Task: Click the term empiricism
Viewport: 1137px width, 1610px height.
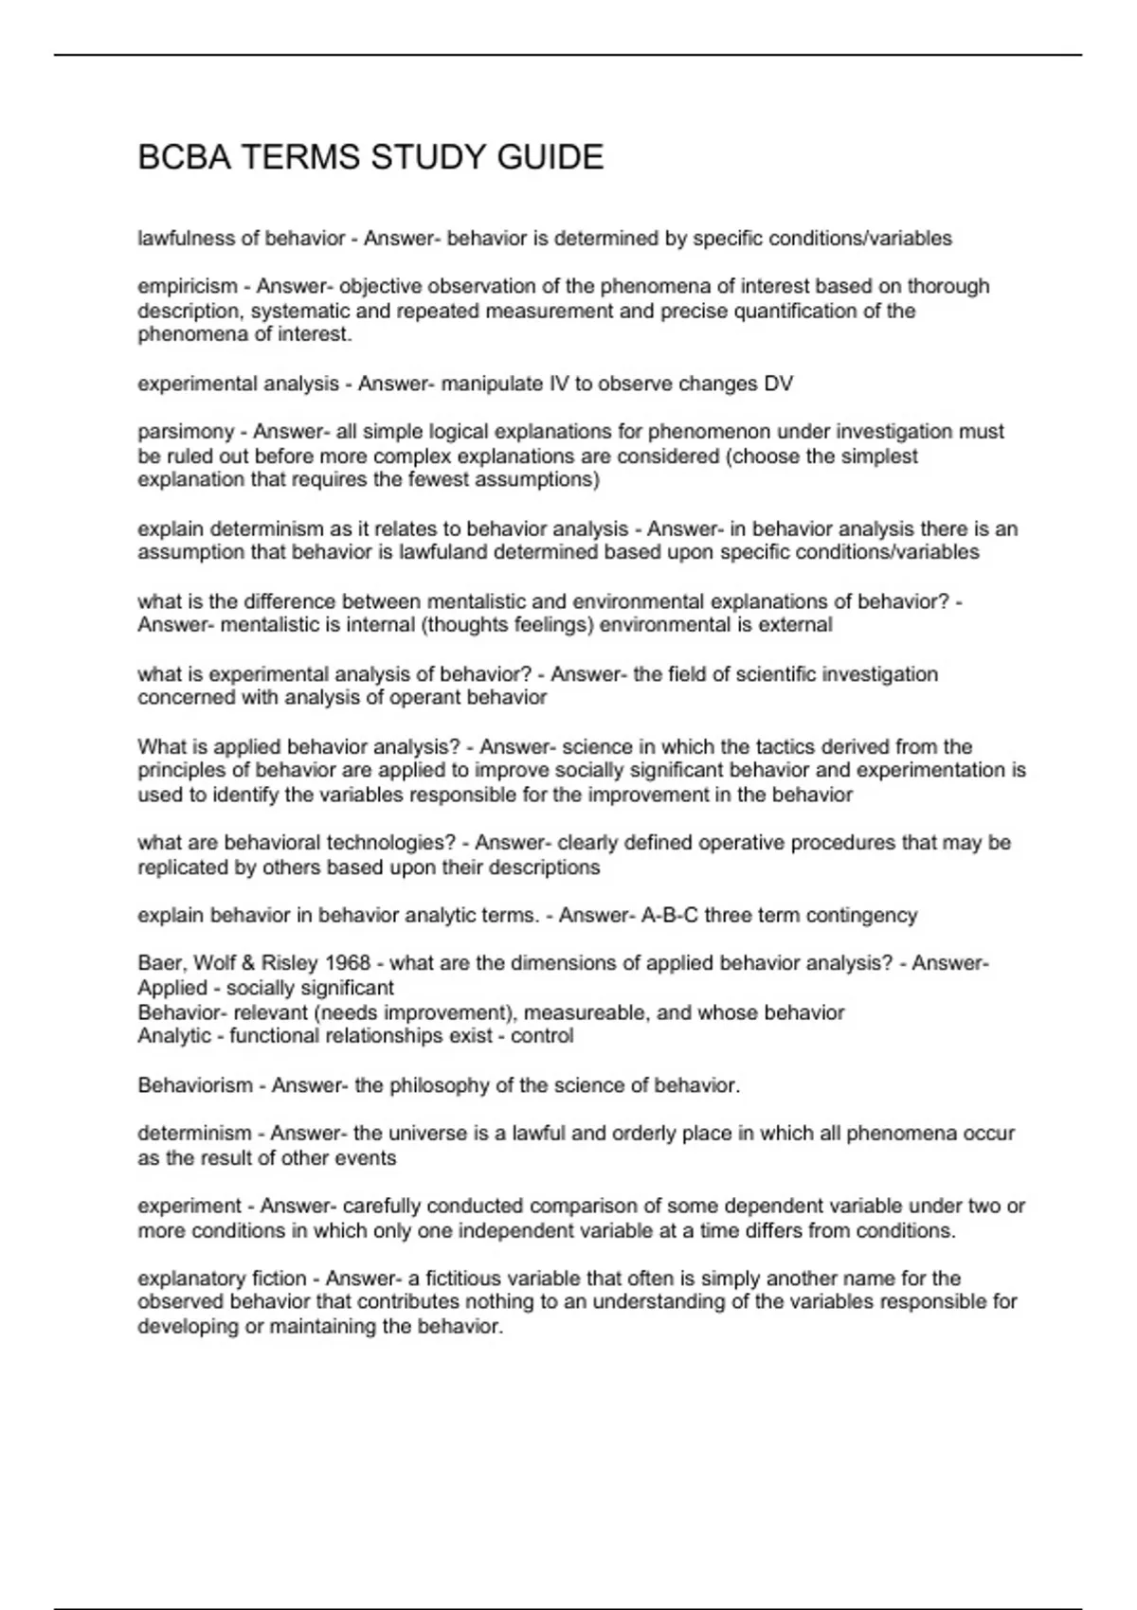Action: pos(188,286)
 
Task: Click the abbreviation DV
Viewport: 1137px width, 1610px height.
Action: pos(778,384)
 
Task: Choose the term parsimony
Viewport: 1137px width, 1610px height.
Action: pos(186,432)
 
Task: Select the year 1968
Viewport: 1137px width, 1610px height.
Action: pos(348,964)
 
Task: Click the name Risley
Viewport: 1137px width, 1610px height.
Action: pos(289,964)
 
